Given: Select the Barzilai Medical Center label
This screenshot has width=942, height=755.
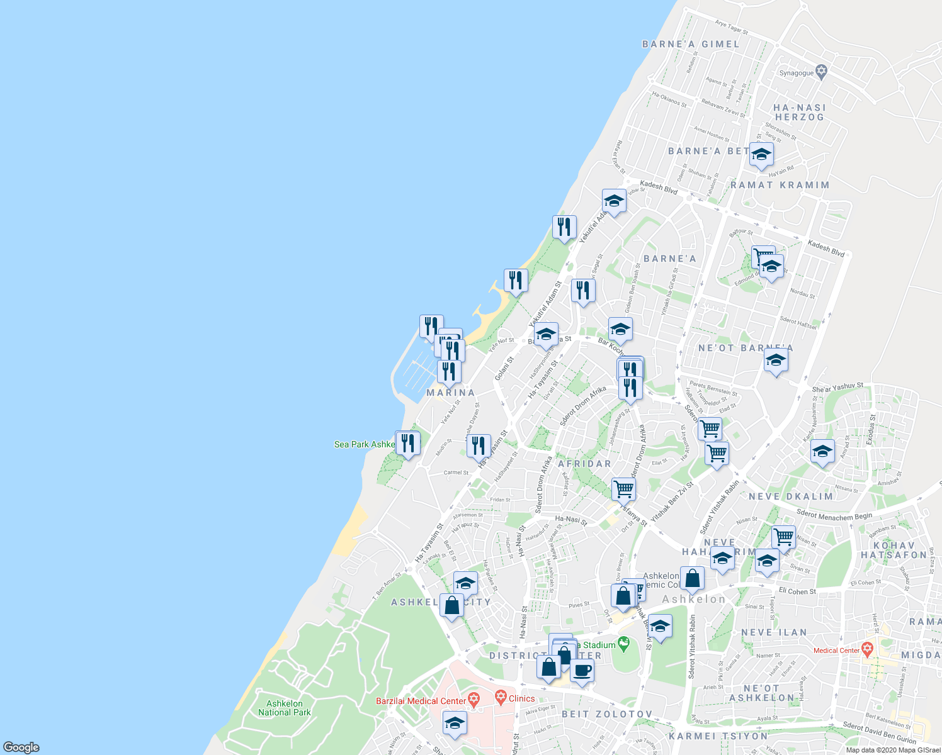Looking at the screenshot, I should (421, 701).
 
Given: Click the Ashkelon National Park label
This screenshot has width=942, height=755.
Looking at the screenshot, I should (285, 708).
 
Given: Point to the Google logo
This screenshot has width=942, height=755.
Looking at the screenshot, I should (21, 747).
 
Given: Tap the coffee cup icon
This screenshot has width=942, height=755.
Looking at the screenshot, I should (582, 671).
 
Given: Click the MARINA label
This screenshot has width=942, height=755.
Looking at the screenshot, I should (451, 393).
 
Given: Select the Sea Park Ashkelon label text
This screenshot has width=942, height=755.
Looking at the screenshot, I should (364, 444).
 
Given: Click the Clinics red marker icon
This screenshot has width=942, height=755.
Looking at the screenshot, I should (501, 696).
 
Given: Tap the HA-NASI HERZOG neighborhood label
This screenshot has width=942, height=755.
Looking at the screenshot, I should (800, 113).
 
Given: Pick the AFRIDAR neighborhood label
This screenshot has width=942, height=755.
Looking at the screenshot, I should (584, 464).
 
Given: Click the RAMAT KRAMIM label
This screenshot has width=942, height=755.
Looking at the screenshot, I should (780, 185).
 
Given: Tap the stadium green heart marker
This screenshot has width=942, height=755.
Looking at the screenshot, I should (623, 643).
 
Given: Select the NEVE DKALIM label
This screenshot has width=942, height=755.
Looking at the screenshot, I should (791, 496).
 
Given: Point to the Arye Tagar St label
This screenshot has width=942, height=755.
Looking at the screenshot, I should (731, 27).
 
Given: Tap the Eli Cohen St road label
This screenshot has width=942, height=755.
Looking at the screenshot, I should (797, 591).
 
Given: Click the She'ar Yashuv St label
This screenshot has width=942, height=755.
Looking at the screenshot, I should (837, 388).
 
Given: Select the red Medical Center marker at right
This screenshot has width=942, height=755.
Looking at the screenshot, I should (867, 648).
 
